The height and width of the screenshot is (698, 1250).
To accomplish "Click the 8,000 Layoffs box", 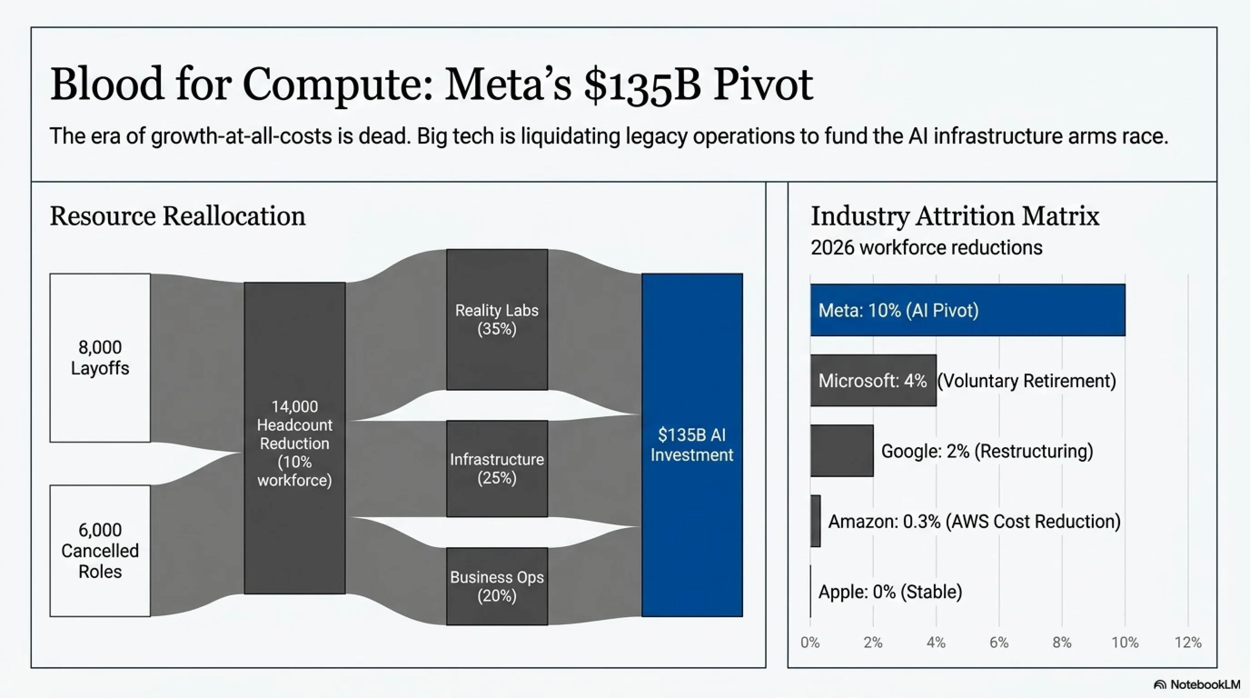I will tap(100, 358).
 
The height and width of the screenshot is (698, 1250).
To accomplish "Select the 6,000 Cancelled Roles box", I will tap(100, 550).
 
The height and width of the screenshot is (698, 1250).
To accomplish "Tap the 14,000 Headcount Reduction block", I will tap(294, 438).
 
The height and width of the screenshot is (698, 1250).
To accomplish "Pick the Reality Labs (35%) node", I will tap(497, 319).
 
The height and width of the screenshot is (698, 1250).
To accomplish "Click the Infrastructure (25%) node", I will tap(497, 469).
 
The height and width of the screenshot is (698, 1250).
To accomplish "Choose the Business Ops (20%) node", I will tap(497, 586).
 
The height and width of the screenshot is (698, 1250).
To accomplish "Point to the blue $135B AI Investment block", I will tap(692, 444).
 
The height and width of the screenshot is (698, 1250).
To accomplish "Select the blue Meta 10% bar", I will tap(967, 309).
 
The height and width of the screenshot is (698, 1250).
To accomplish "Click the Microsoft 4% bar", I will tap(873, 380).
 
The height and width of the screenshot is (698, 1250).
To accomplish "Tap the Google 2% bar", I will tap(842, 450).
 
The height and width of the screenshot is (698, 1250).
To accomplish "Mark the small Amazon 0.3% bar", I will tap(815, 521).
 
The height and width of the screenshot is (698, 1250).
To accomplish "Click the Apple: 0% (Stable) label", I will tap(890, 592).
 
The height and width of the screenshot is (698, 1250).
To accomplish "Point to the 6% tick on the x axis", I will tap(999, 643).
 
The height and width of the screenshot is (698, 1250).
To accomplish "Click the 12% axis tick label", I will tap(1188, 643).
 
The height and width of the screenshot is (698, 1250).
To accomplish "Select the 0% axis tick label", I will tap(810, 643).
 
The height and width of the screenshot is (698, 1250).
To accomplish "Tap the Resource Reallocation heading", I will tap(178, 216).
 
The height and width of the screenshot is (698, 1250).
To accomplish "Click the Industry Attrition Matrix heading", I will tap(955, 216).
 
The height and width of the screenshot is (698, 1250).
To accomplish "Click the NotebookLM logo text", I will tap(1205, 684).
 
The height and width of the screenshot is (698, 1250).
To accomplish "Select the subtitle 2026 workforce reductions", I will tap(926, 248).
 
